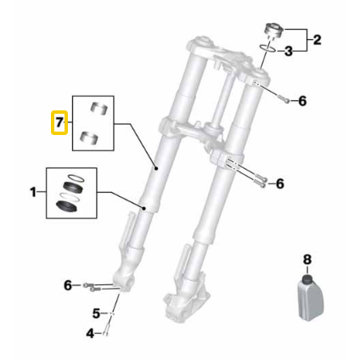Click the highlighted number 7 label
[x=59, y=122]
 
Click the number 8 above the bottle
[x=307, y=258]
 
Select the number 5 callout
[x=97, y=312]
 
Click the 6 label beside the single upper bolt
[x=301, y=101]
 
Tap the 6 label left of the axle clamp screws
[x=68, y=284]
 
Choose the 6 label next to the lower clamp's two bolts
[x=281, y=183]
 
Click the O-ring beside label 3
[x=267, y=50]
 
